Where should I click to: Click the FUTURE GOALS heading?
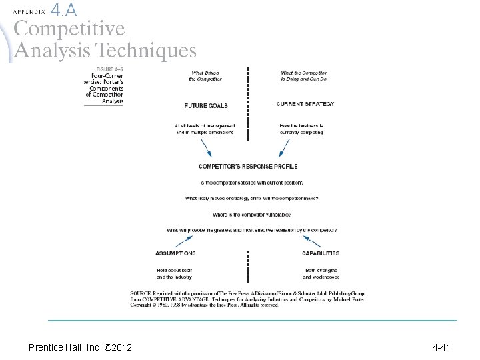[x=205, y=105]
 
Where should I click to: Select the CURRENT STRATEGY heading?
[x=305, y=104]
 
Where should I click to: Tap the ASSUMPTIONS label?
[x=175, y=253]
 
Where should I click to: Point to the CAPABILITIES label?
[x=320, y=253]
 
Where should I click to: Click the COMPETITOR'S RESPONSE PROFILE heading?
[x=248, y=166]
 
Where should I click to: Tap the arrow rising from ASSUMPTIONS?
[x=185, y=239]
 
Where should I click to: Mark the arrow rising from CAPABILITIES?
[x=311, y=239]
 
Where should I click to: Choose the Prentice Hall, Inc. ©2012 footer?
[x=80, y=347]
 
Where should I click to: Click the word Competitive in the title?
[x=69, y=29]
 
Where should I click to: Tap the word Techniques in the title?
[x=146, y=51]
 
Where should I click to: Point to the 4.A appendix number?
[x=63, y=9]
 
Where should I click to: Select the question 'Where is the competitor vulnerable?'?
[x=252, y=215]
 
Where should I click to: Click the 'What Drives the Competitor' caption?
[x=205, y=76]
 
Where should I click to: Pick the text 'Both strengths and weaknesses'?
[x=321, y=273]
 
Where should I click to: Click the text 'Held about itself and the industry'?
[x=174, y=273]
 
